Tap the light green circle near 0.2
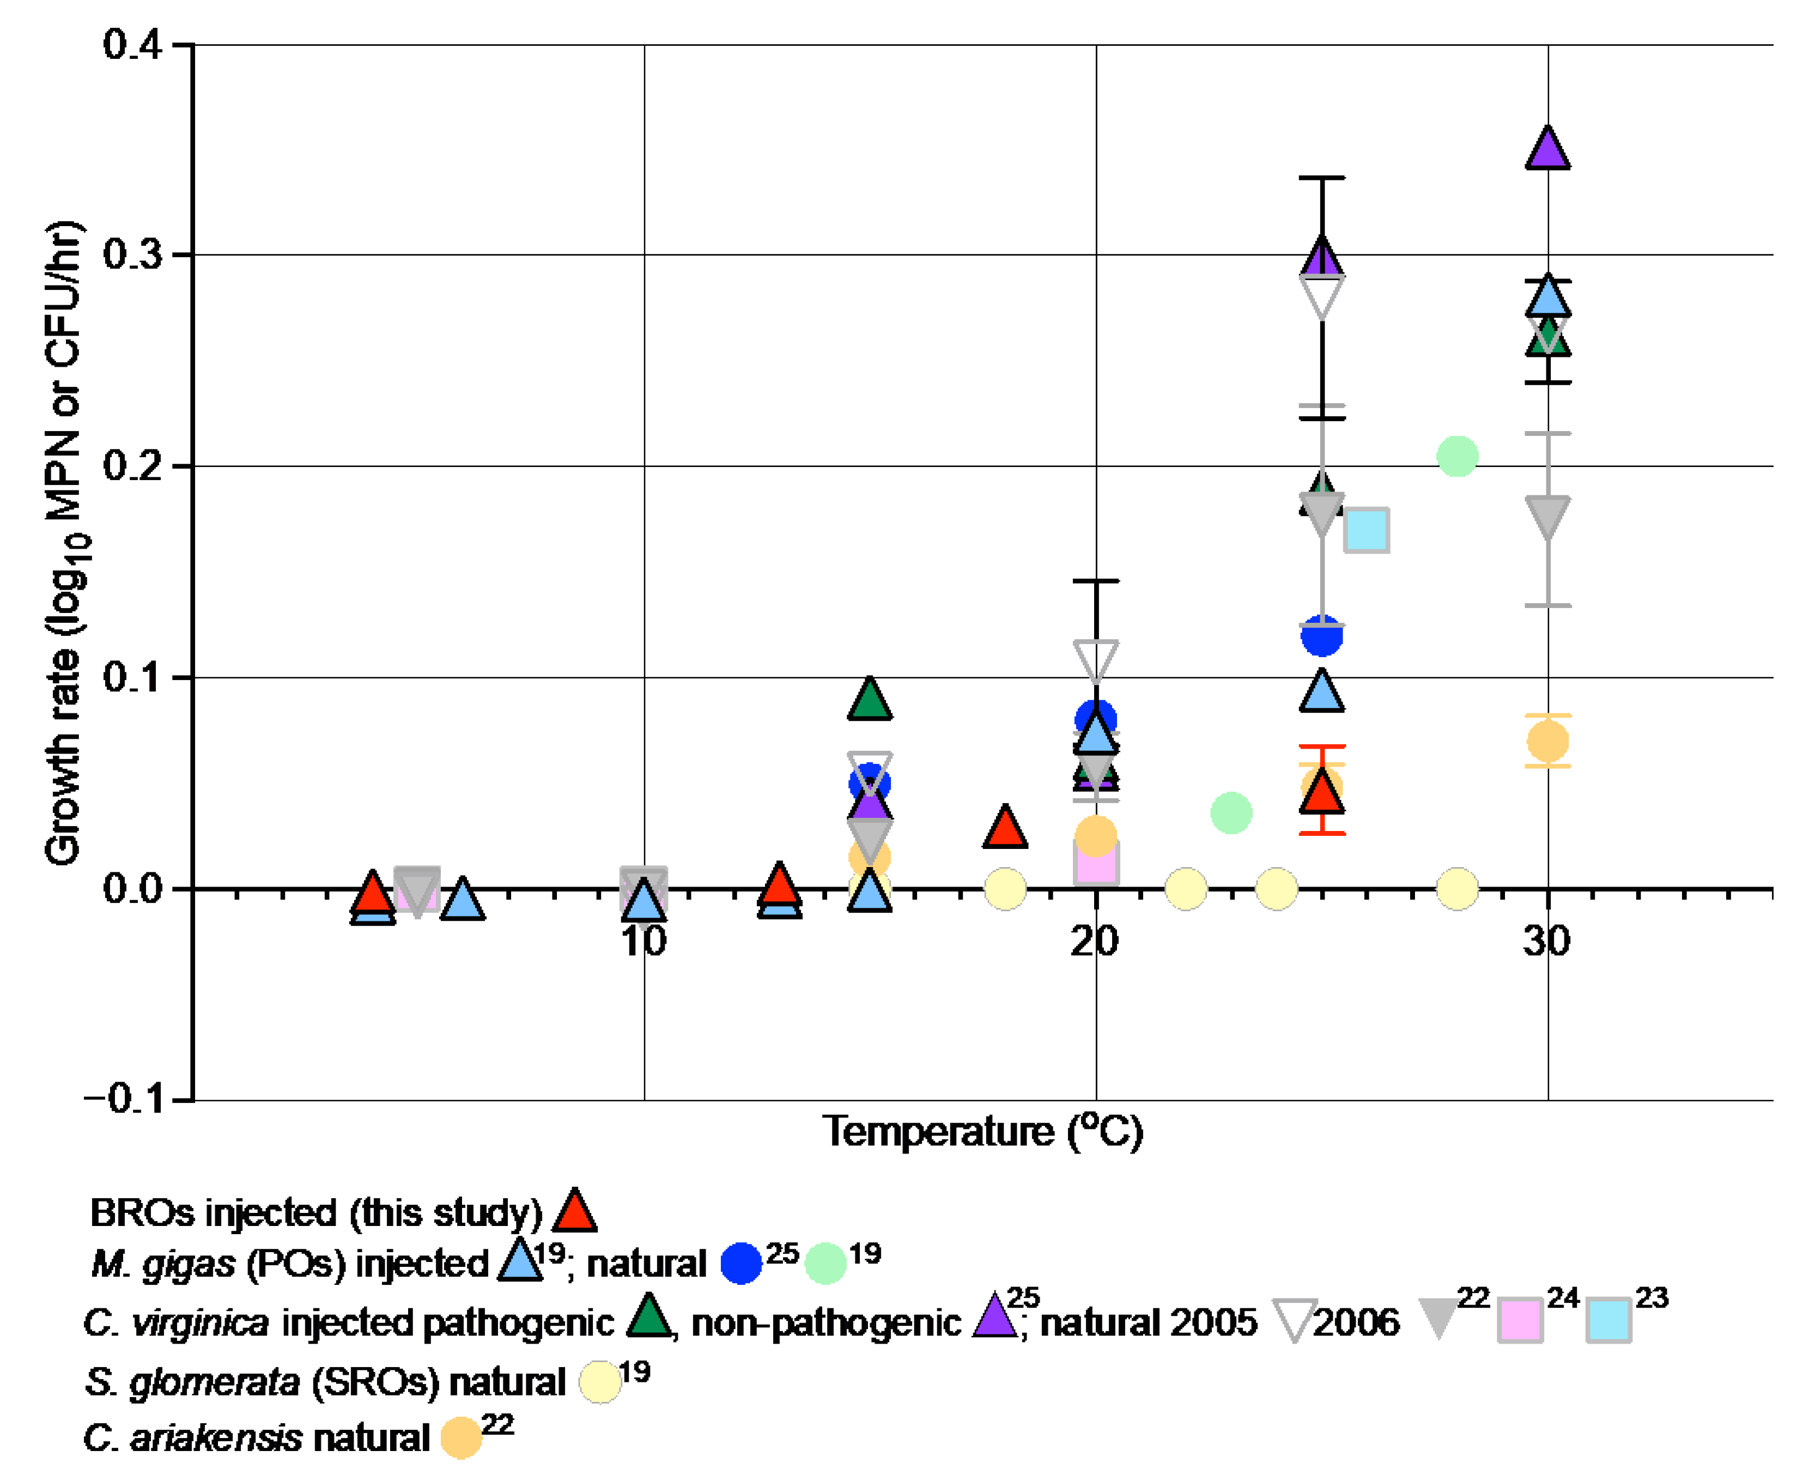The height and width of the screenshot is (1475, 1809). [1456, 456]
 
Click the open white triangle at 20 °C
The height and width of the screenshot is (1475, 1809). [1095, 658]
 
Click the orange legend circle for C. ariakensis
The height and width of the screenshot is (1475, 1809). [460, 1437]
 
